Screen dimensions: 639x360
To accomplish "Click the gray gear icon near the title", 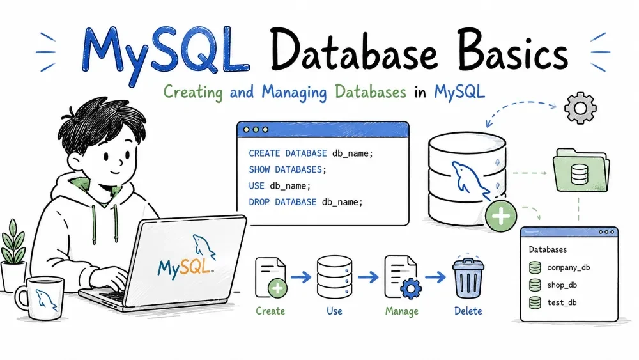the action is click(580, 108).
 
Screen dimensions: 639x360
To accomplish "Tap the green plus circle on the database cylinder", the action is click(501, 215).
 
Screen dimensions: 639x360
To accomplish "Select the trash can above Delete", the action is click(468, 278).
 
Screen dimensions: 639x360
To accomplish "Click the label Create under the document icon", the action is click(270, 311).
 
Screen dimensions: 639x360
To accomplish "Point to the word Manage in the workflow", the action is click(402, 311).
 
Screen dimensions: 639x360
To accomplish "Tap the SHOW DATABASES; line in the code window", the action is click(288, 169).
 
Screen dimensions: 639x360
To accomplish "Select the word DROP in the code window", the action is click(259, 202).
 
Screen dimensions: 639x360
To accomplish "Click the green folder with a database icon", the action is click(581, 170).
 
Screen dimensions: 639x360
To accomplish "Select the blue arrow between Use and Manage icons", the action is click(368, 278).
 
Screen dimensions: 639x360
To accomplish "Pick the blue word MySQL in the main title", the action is click(166, 53).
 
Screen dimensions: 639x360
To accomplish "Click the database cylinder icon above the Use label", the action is click(335, 277).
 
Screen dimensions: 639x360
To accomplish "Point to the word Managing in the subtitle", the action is click(294, 93).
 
